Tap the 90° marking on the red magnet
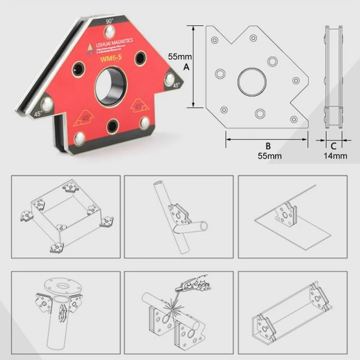click(109, 21)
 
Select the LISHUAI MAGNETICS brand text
click(115, 42)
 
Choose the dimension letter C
click(333, 146)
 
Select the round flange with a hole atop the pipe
click(63, 285)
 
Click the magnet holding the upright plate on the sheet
click(284, 213)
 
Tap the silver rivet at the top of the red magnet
click(108, 32)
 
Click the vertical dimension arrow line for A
click(193, 66)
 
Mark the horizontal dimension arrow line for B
click(266, 139)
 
